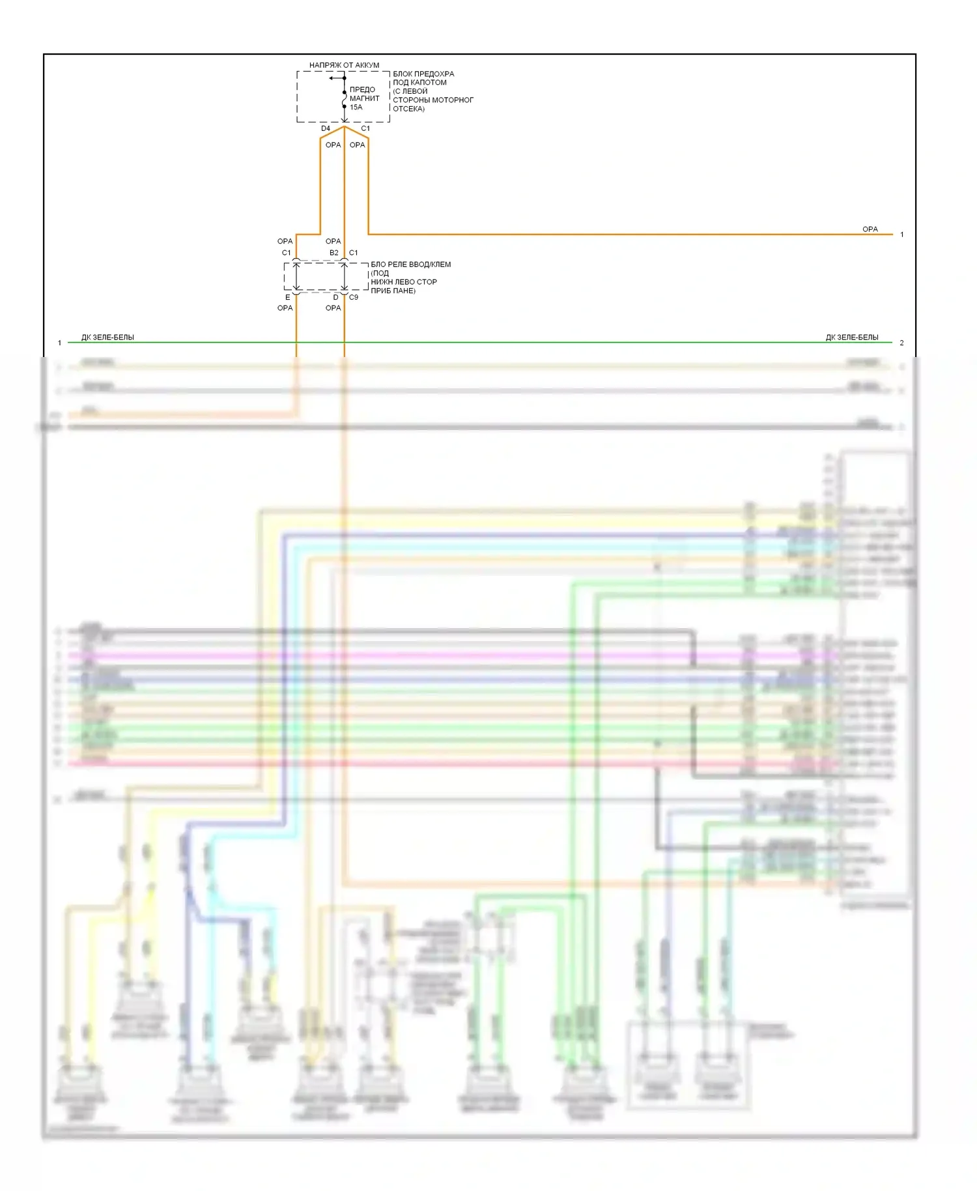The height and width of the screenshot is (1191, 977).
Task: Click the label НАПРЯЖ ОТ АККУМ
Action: (344, 65)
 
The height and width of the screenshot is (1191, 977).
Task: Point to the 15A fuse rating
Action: (356, 108)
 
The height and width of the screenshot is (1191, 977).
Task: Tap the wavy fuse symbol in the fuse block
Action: (345, 100)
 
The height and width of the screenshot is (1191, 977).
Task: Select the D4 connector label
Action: (326, 128)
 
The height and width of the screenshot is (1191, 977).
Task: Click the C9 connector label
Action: (354, 297)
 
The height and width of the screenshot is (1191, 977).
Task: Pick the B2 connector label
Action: (333, 253)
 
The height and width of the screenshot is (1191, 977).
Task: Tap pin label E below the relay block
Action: (288, 297)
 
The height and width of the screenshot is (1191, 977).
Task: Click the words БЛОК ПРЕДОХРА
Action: (423, 74)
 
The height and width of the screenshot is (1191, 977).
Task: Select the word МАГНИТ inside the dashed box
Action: (365, 98)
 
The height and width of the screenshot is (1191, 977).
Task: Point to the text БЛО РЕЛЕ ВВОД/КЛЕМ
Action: (411, 265)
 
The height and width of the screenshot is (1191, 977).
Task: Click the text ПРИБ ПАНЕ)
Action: (393, 291)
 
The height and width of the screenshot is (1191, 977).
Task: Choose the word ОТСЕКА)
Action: (409, 109)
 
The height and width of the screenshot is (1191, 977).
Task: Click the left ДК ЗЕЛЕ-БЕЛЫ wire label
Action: (107, 337)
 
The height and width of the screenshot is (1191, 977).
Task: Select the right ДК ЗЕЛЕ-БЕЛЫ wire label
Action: (852, 337)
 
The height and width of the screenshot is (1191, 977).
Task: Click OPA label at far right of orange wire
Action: (870, 229)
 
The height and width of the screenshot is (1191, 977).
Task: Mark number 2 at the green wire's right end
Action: (902, 343)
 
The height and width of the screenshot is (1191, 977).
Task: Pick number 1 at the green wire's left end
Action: (59, 343)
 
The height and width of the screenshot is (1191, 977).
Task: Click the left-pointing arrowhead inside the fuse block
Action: (332, 78)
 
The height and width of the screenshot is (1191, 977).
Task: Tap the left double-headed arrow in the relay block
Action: (296, 277)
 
